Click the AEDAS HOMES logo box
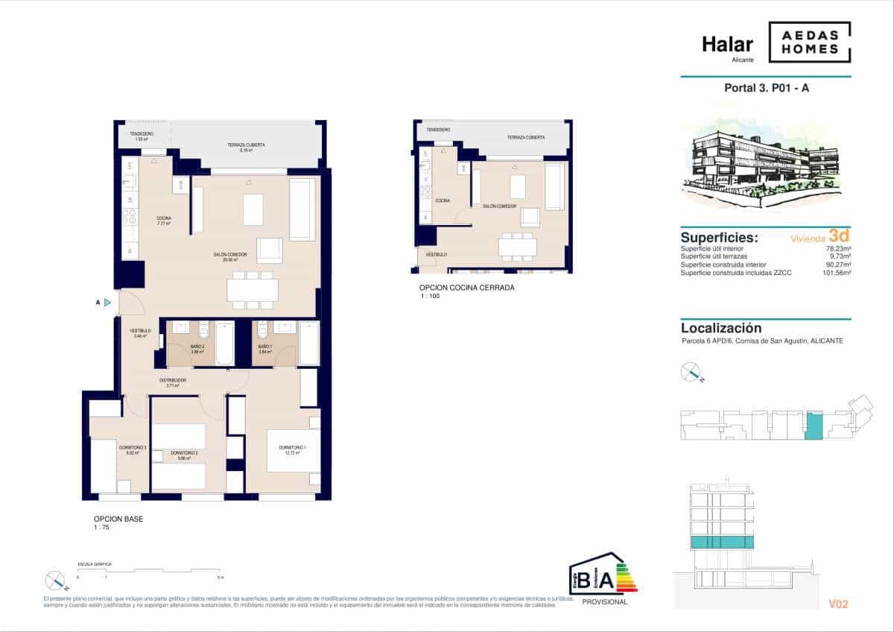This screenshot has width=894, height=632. [x=809, y=42]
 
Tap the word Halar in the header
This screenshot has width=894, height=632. [x=727, y=44]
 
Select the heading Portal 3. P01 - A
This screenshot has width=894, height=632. [x=766, y=88]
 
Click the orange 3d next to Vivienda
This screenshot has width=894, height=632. [x=840, y=237]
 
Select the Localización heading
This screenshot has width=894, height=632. [x=721, y=328]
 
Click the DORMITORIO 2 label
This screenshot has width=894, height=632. [x=183, y=453]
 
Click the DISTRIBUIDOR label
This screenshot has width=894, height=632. [x=172, y=381]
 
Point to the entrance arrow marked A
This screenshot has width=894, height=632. [x=107, y=302]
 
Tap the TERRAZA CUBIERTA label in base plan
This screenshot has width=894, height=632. [x=247, y=145]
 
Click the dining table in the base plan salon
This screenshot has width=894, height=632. [x=253, y=289]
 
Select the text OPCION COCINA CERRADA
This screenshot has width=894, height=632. [x=467, y=288]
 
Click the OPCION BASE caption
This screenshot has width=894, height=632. [x=118, y=519]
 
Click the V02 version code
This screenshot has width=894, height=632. [x=837, y=604]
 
